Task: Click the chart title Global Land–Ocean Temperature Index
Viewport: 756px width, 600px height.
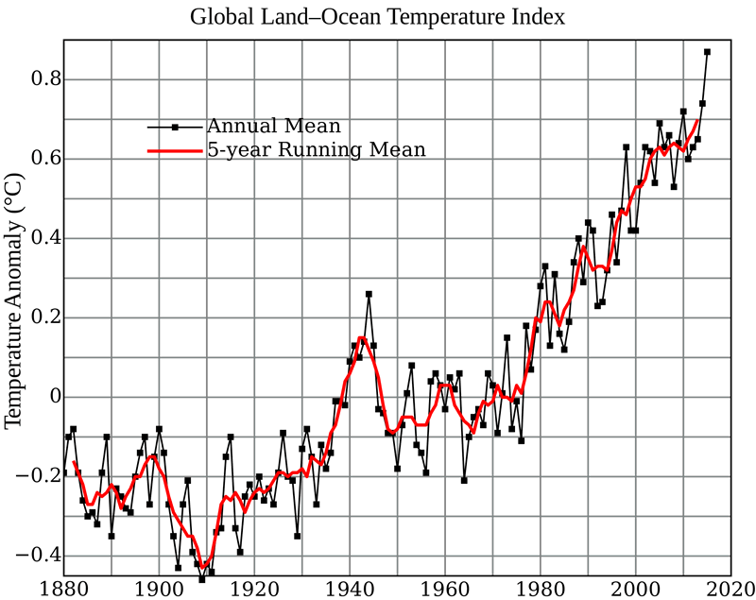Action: (379, 17)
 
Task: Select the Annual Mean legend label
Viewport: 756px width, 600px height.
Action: (273, 126)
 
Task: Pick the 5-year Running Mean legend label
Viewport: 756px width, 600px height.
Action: (317, 149)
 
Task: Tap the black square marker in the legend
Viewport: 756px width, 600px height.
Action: (176, 126)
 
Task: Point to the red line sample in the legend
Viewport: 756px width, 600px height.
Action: (176, 149)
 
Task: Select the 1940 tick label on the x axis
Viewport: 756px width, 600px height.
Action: (350, 586)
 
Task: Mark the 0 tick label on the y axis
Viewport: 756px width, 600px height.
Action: (53, 396)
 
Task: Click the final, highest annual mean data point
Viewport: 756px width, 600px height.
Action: (707, 52)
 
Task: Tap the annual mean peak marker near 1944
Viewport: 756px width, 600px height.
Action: (369, 294)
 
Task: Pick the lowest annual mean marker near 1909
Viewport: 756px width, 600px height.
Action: (202, 579)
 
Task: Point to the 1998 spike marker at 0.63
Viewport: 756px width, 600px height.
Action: (626, 146)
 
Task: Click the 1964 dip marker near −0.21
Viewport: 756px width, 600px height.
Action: (464, 480)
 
